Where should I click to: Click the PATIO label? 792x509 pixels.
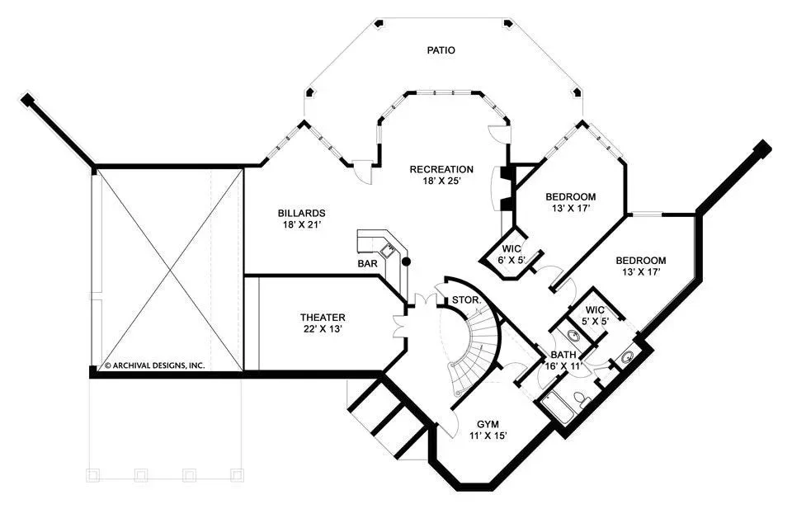(441, 50)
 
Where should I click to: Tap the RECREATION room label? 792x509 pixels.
(441, 170)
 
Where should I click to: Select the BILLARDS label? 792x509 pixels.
(302, 214)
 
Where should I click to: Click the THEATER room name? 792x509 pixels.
(323, 318)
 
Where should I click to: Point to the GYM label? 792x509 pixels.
(488, 424)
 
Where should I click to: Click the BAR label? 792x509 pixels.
(367, 264)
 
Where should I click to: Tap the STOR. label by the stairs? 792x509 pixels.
(466, 300)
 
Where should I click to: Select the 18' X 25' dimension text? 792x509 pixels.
(441, 181)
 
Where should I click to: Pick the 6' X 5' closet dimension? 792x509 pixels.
(512, 261)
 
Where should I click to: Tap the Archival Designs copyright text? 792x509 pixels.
(154, 365)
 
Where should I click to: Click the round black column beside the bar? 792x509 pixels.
(406, 262)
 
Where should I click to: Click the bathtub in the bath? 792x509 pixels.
(558, 408)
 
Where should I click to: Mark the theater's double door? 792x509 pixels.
(400, 326)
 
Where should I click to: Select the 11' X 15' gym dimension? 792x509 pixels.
(488, 436)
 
